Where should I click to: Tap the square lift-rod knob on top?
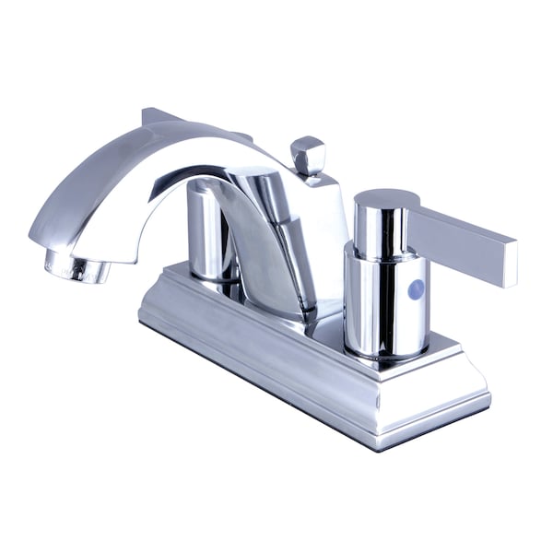click(308, 154)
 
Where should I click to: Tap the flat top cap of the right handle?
click(385, 198)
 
